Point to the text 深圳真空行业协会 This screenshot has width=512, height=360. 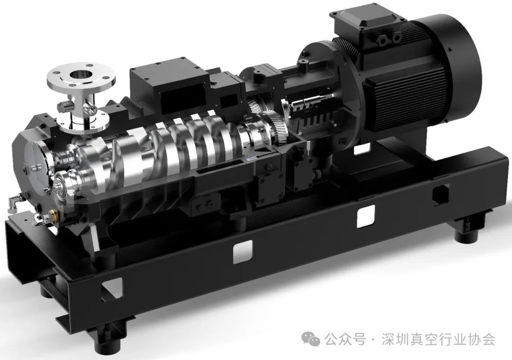(438, 340)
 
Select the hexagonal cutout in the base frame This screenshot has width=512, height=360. (440, 195)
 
